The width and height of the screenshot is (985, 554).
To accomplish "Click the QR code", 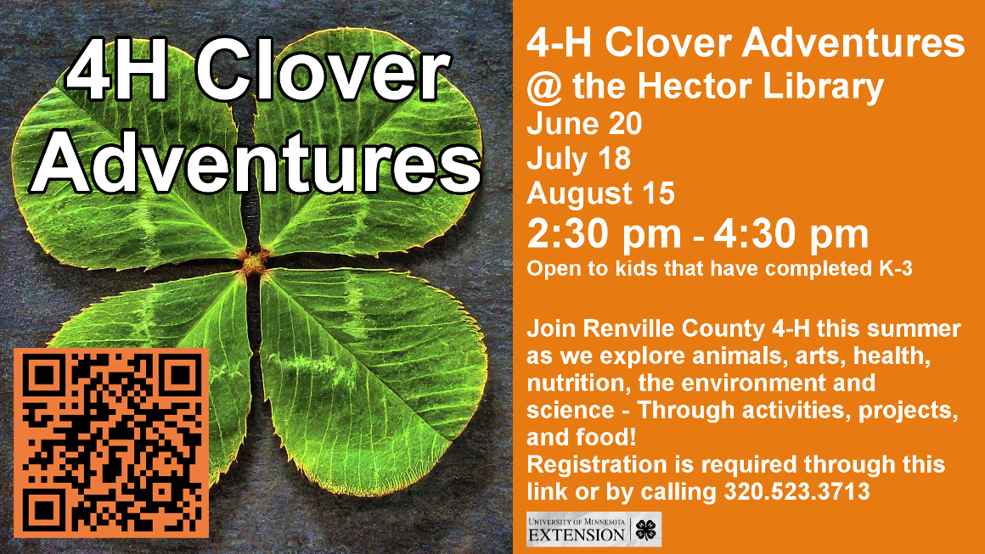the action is coord(111,443).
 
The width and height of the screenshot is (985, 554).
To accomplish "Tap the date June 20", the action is coord(584,123).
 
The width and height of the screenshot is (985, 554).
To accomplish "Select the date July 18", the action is coord(578,158).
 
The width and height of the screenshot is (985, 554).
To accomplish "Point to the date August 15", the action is coord(600,193).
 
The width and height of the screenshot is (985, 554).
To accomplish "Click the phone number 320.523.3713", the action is coord(797,491).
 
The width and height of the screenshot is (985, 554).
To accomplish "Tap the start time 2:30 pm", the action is coord(604,234).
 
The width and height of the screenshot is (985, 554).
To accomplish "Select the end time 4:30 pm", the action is coord(791,234).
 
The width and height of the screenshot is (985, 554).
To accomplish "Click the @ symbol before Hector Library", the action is coord(544,87).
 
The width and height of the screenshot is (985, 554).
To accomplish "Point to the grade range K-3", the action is coord(895,269).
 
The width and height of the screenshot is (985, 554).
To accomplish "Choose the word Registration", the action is coord(597,465).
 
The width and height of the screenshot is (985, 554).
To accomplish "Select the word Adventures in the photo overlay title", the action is coord(256,162).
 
